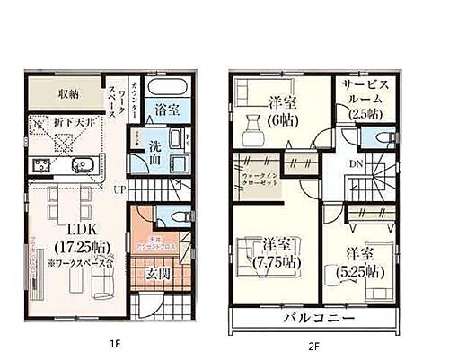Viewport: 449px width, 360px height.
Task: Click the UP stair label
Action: [119, 189]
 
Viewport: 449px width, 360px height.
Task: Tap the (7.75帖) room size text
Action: [277, 262]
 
